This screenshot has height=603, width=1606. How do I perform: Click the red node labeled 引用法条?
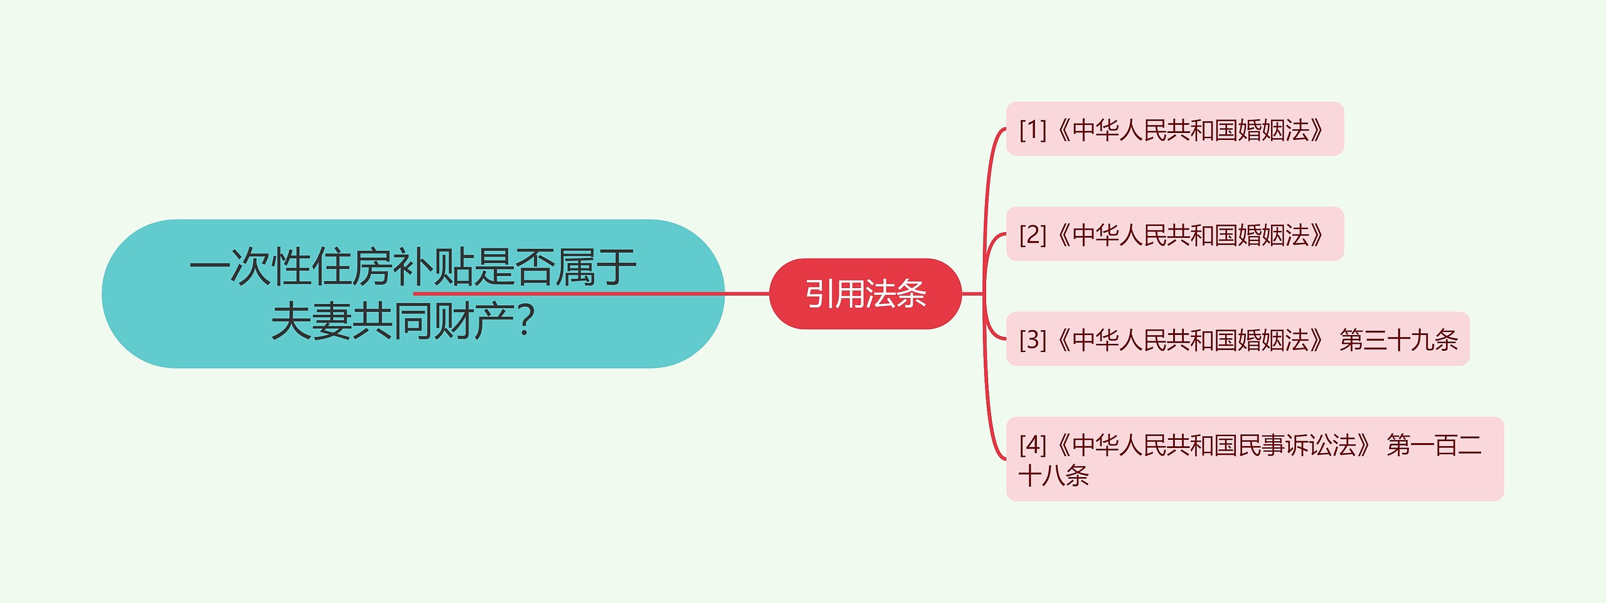tap(865, 294)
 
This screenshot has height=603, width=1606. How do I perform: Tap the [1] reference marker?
tap(1033, 130)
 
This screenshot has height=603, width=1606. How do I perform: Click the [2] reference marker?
tap(1033, 235)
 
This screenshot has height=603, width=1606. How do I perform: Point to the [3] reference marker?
tap(1033, 339)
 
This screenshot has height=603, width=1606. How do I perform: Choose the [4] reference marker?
tap(1033, 445)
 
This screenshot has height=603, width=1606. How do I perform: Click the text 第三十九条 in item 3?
tap(1398, 339)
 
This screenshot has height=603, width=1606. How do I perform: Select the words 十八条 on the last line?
tap(1054, 476)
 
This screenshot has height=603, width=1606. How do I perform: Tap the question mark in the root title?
tap(527, 321)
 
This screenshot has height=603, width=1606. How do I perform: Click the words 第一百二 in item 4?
tap(1434, 445)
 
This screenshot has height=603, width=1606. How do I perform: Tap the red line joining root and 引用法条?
tap(747, 293)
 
